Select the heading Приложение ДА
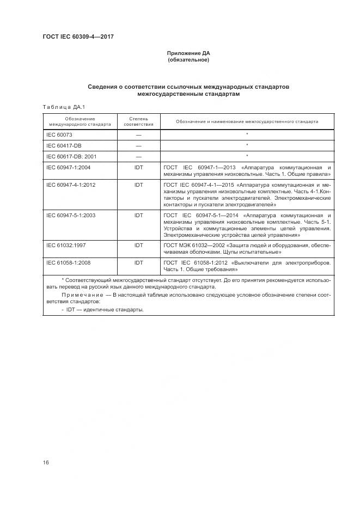[x=188, y=53]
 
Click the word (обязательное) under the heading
[x=188, y=60]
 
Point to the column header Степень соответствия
[x=138, y=121]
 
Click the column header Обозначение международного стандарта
[x=80, y=121]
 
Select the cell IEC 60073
[x=59, y=134]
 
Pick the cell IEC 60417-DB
[x=64, y=145]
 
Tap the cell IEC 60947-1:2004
[x=69, y=167]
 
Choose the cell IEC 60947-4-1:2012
[x=71, y=185]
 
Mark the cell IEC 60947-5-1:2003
[x=71, y=216]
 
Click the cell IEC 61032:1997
[x=66, y=246]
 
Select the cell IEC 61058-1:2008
[x=69, y=263]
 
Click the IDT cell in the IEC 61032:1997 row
[x=138, y=246]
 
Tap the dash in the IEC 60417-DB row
[x=138, y=145]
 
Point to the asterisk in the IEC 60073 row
[x=247, y=134]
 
